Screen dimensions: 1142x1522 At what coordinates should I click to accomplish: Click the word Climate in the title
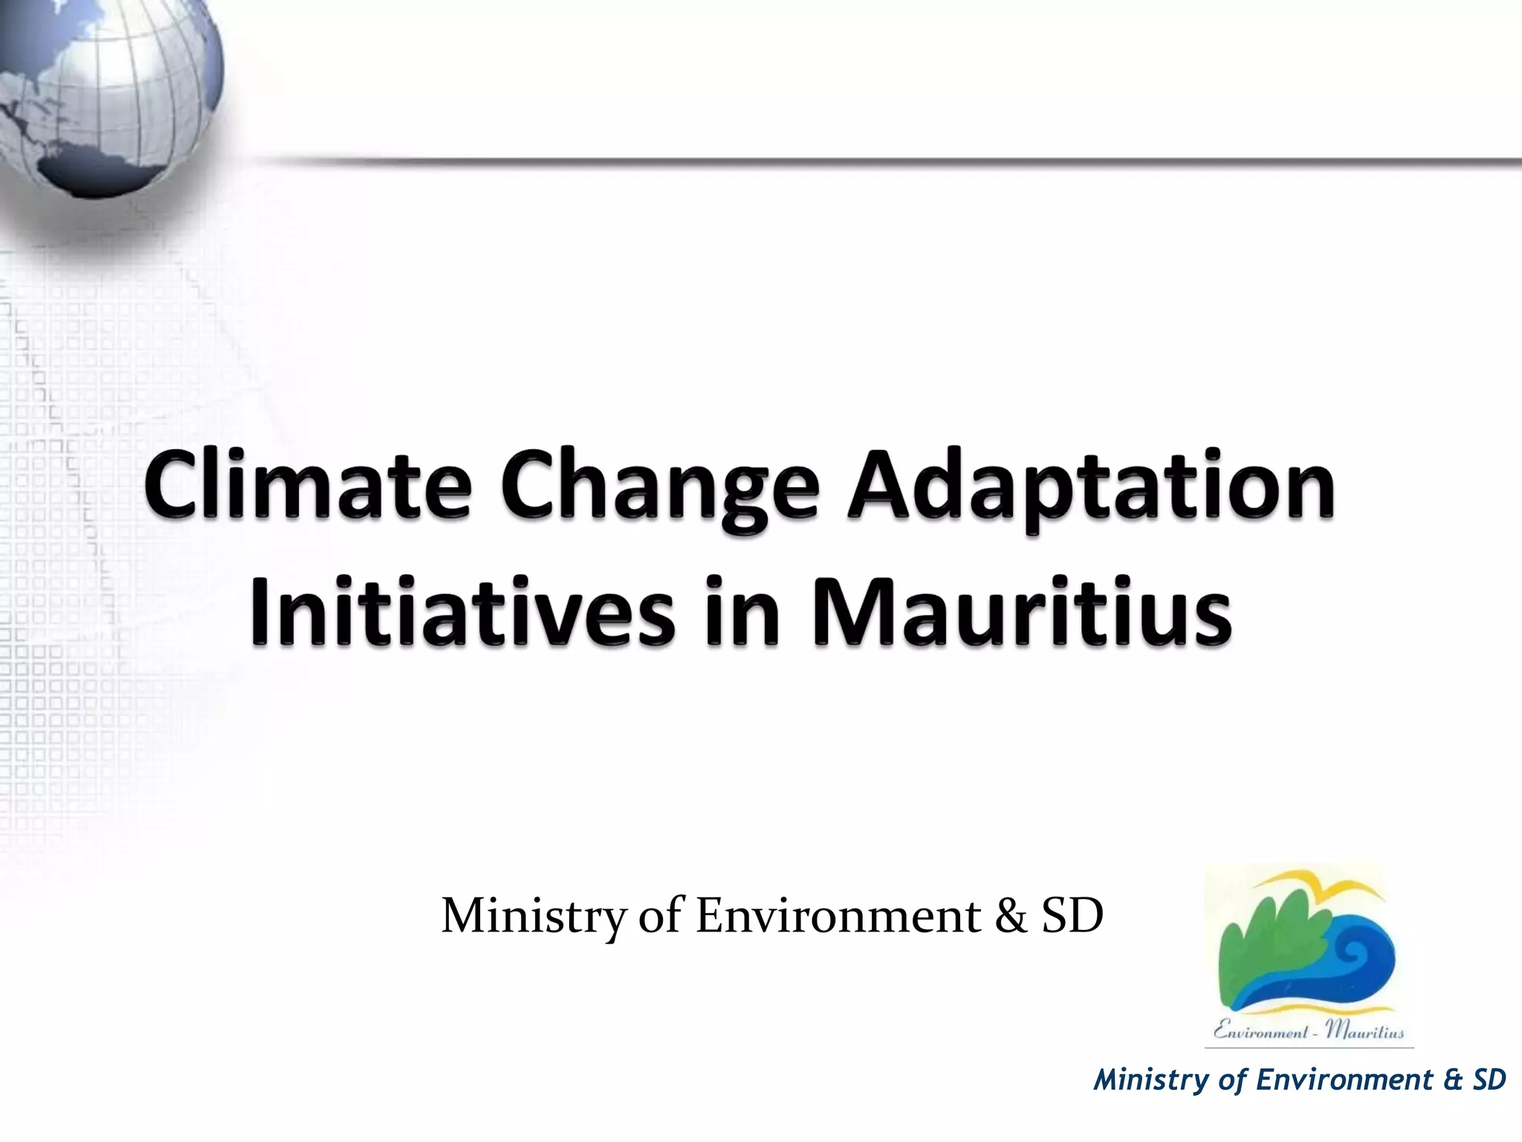[x=309, y=486]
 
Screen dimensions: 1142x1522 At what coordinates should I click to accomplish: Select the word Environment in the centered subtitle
[x=838, y=916]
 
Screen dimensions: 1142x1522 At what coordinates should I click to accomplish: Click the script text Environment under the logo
[x=1260, y=1031]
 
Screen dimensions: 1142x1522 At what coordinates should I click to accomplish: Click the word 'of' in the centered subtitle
[x=660, y=916]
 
